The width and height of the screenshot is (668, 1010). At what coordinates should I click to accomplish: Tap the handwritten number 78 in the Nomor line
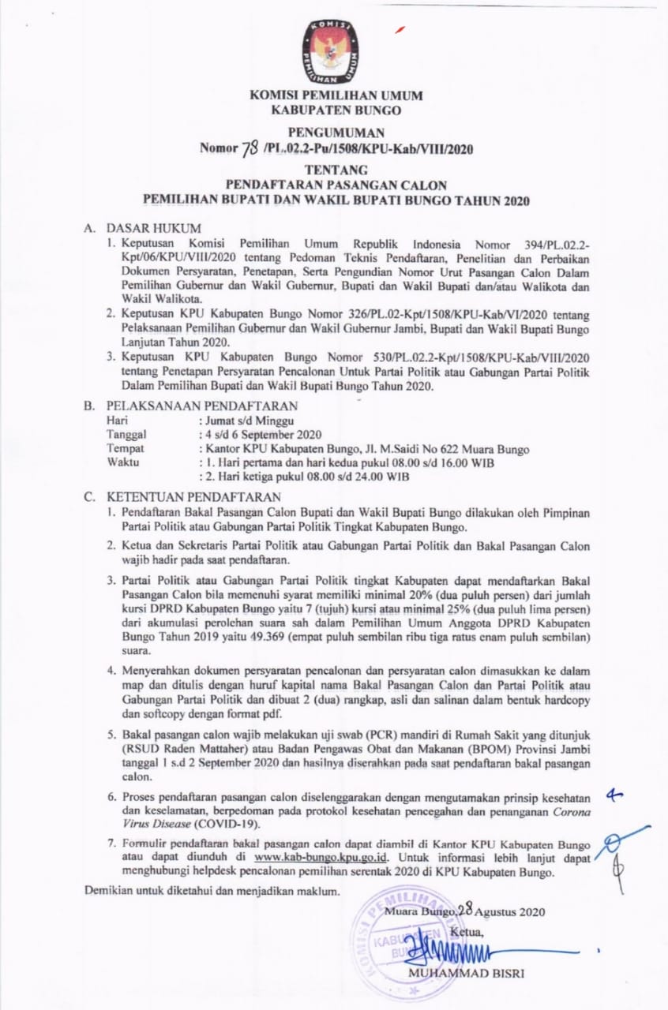[251, 148]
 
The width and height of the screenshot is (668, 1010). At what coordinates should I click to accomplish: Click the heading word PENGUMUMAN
[336, 132]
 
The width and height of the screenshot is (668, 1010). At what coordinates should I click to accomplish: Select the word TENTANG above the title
[336, 169]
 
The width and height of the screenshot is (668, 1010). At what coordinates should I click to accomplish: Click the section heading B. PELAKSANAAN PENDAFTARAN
[191, 406]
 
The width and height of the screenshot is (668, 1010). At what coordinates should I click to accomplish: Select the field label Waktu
[123, 462]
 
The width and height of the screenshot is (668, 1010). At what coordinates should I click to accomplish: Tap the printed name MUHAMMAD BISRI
[466, 973]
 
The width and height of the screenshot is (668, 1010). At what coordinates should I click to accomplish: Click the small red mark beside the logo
[401, 29]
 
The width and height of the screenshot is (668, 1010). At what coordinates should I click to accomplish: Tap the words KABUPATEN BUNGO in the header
[336, 110]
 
